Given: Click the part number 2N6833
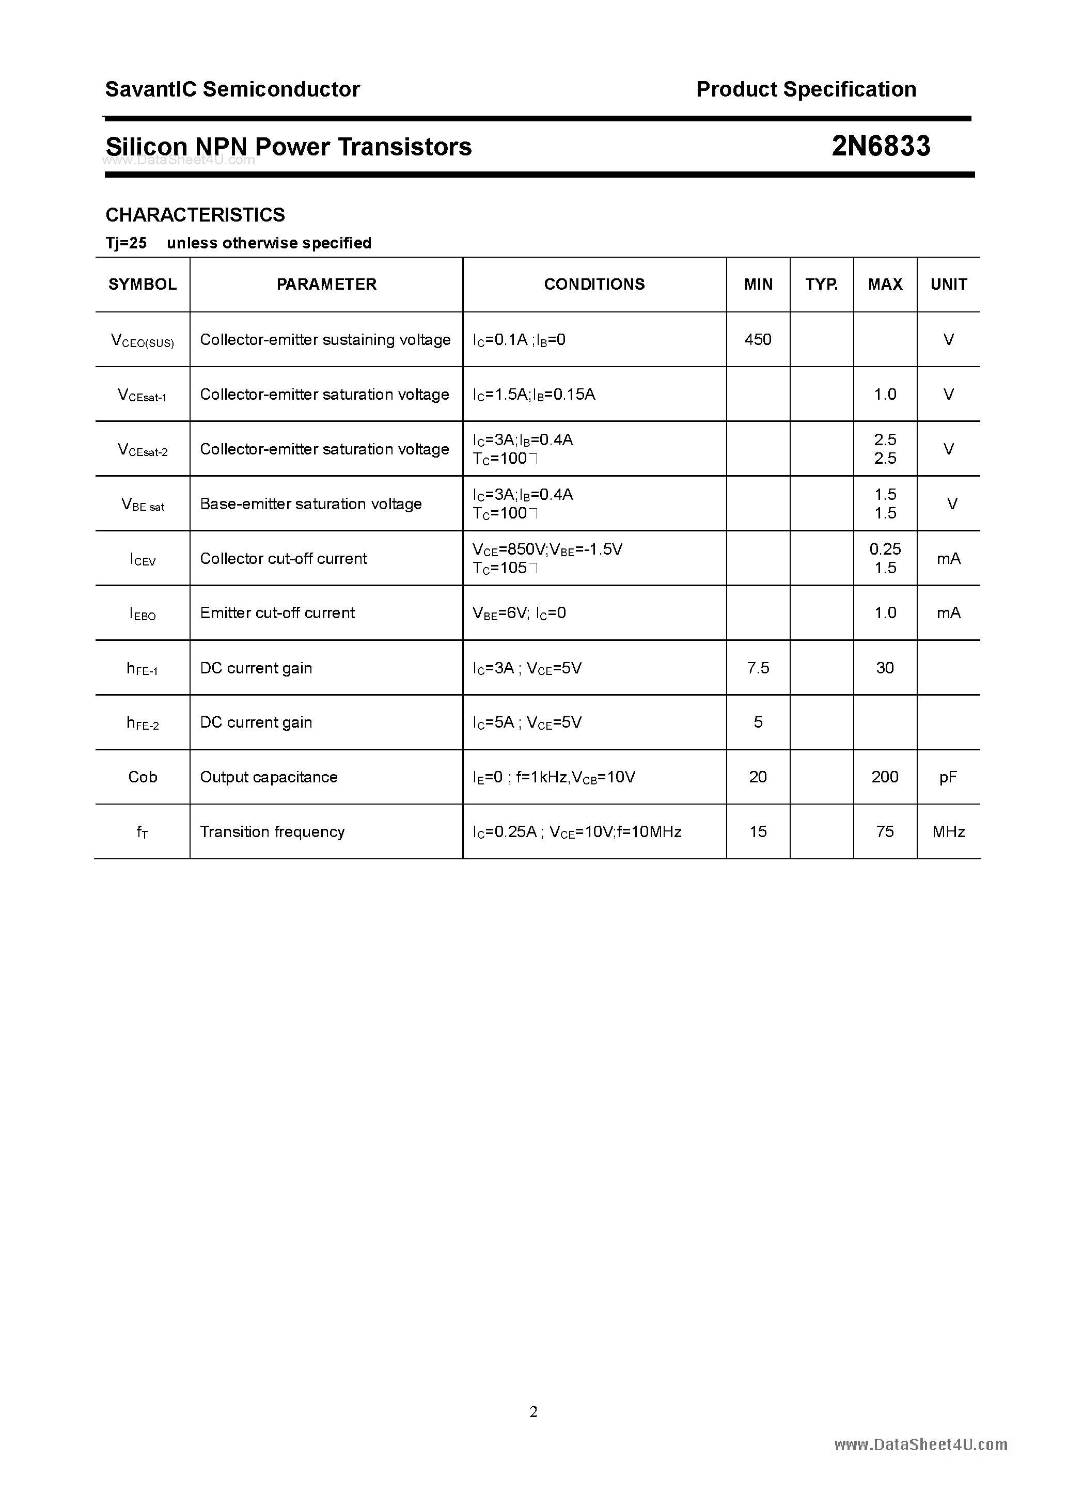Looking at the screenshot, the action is pos(881,146).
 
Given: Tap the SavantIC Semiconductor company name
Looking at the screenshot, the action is pos(232,89).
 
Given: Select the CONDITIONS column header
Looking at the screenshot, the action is pos(594,284).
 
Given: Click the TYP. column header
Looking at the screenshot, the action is pos(822,284).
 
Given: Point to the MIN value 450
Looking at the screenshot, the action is pos(758,339).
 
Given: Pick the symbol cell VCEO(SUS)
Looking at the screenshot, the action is pos(143,341).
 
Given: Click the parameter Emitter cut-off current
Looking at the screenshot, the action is pos(277,613).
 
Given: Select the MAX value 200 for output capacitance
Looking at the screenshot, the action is pos(885,777).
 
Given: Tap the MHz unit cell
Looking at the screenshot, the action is pos(948,832).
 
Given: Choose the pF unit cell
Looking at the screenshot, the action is pos(948,777).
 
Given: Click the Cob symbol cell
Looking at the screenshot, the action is pos(143,777).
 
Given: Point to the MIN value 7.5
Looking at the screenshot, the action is pos(758,668).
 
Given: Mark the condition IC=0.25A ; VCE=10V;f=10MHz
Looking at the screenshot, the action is pos(577,832).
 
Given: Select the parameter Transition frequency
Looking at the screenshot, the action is pos(272,832).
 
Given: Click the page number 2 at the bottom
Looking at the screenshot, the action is pos(533,1411).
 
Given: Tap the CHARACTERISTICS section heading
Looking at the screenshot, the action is pos(195,214).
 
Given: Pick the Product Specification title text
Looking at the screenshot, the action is pos(806,89).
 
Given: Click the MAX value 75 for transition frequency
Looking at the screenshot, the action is pos(885,832).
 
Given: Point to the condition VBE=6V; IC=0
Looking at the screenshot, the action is pos(519,613).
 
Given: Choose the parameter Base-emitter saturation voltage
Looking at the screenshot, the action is pos(310,504).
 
